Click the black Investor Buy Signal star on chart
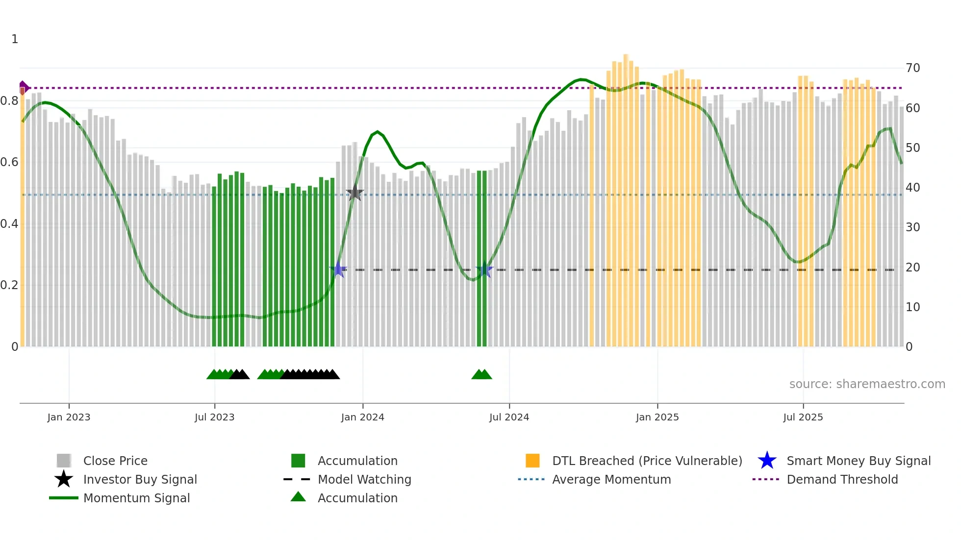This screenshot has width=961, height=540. tap(354, 193)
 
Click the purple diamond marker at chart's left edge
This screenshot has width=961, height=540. tap(23, 88)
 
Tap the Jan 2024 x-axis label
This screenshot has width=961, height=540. tap(362, 417)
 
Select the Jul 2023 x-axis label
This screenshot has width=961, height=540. tap(214, 417)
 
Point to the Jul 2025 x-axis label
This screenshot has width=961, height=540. tap(803, 417)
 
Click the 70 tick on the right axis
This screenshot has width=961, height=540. tap(912, 68)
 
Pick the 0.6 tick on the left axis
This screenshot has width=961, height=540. tap(9, 162)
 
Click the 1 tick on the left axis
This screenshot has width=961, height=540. tap(15, 39)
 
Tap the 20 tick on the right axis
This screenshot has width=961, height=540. tap(912, 268)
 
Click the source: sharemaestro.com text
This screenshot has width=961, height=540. tap(867, 384)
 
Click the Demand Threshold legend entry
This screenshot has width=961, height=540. tap(842, 480)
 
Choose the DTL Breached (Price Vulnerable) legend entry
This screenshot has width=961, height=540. tap(647, 461)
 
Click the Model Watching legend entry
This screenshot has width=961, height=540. tap(364, 480)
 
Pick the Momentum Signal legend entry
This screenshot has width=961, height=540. tap(136, 498)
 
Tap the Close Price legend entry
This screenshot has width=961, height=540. tap(115, 461)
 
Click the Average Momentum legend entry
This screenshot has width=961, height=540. tap(611, 480)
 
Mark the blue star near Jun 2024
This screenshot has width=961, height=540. tap(484, 270)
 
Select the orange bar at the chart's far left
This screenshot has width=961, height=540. tap(23, 221)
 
